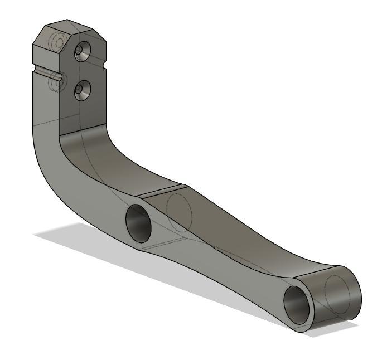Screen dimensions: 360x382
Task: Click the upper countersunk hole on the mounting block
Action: [81, 51]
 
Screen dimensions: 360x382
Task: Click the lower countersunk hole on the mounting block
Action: [83, 89]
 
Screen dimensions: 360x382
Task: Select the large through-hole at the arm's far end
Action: [298, 303]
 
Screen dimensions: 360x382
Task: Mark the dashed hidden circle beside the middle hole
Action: [180, 210]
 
